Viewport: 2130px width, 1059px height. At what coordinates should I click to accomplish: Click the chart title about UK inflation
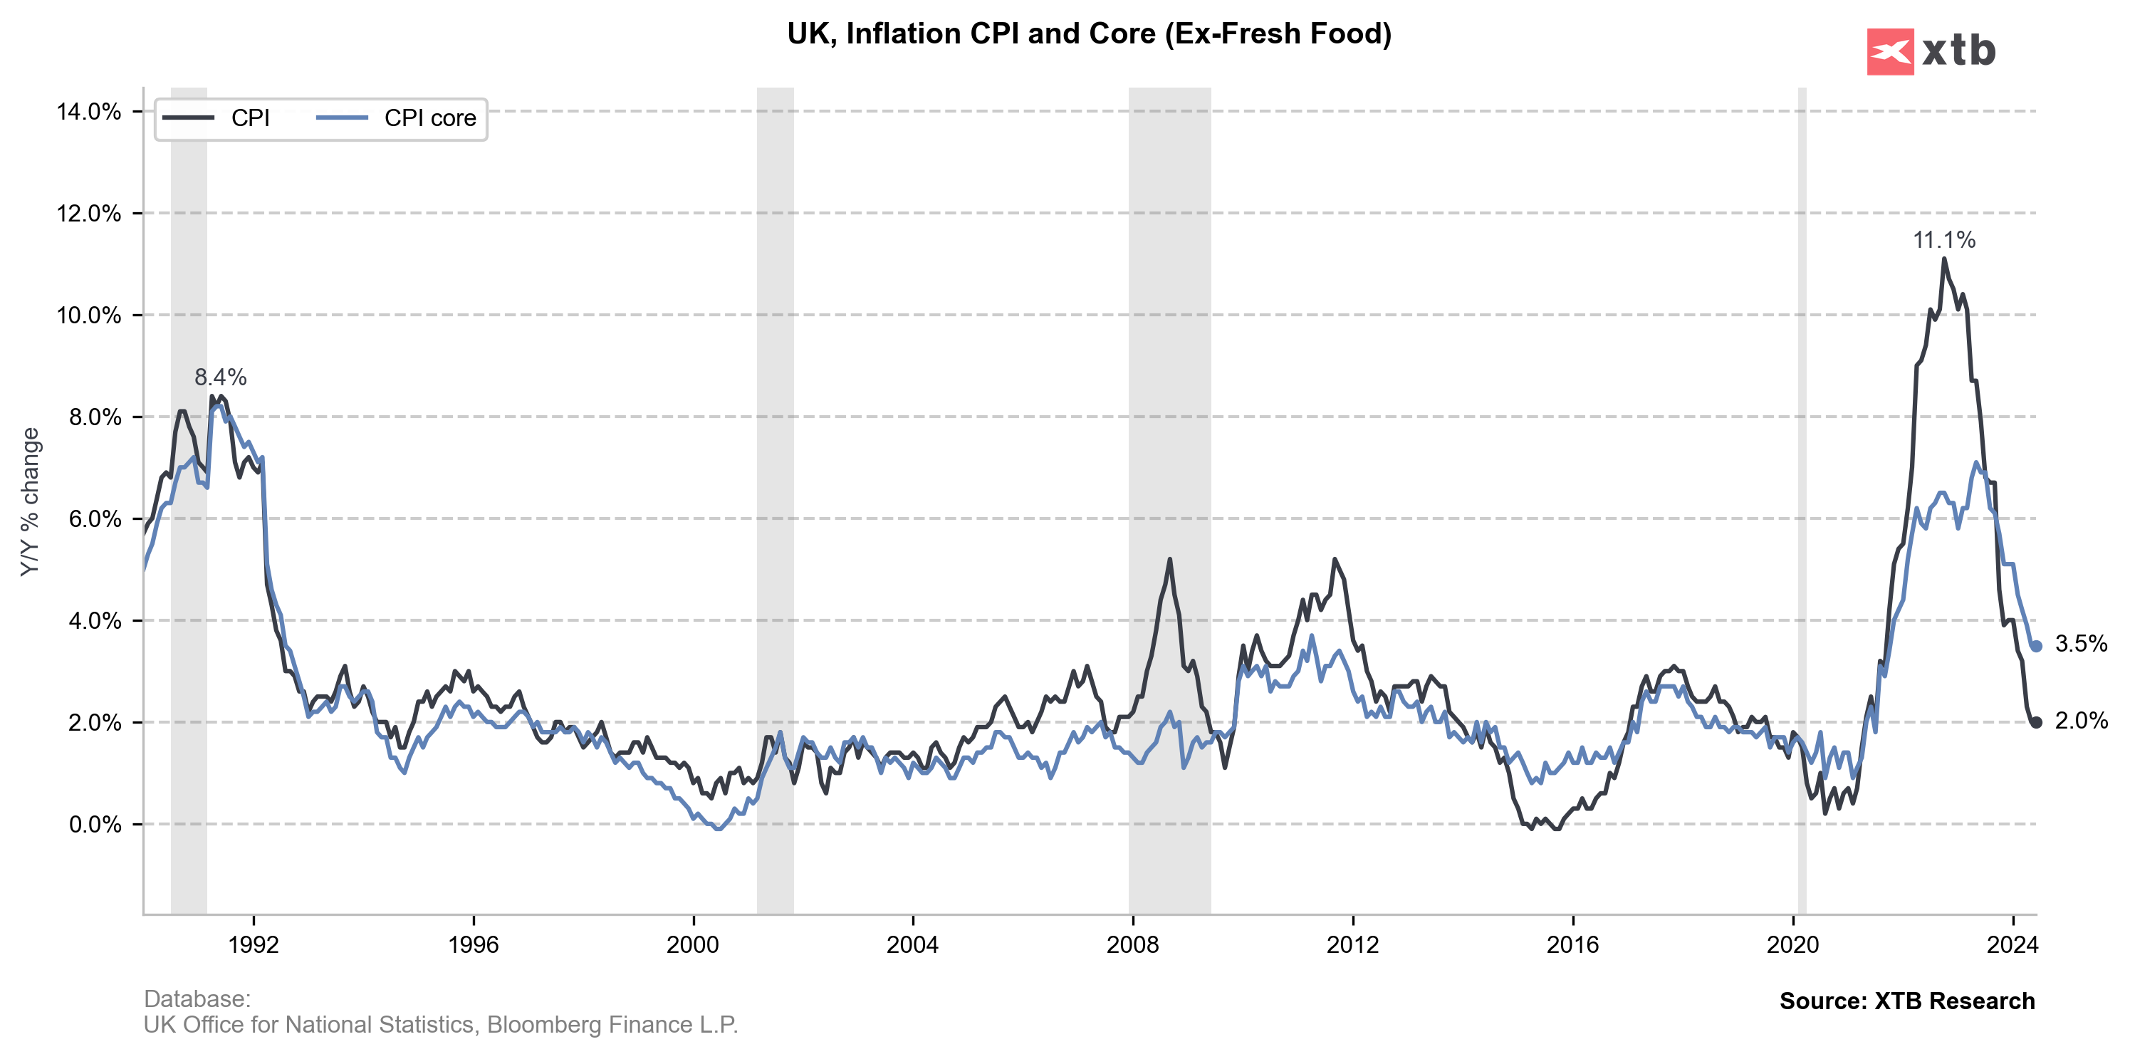click(1089, 34)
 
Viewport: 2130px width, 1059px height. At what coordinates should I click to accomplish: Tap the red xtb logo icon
click(1889, 52)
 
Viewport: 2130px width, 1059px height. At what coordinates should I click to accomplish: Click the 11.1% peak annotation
click(1943, 240)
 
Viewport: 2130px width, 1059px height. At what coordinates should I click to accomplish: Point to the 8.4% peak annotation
click(220, 377)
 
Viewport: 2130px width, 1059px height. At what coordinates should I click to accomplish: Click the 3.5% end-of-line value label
click(2080, 643)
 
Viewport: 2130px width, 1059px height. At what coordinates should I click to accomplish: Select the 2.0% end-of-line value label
click(2080, 721)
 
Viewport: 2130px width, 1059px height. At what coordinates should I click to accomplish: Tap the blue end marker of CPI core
click(2036, 647)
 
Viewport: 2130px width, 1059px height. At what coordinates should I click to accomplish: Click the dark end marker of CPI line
click(2036, 723)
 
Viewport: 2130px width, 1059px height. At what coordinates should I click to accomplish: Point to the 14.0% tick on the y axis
click(88, 112)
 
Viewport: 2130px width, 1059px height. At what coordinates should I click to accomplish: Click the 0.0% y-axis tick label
click(94, 824)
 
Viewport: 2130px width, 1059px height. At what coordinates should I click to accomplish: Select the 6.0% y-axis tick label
click(94, 519)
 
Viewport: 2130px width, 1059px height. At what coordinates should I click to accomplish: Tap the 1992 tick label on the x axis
click(254, 944)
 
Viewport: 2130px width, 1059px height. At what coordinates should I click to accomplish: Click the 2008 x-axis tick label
click(1132, 944)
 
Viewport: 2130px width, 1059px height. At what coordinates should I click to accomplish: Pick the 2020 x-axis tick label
click(1792, 944)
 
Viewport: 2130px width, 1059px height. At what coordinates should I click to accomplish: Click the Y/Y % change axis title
click(30, 502)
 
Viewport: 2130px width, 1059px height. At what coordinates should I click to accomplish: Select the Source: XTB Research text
click(1907, 1001)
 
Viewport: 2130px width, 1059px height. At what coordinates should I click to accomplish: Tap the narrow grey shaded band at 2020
click(1802, 496)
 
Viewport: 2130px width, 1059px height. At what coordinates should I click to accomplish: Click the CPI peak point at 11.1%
click(1944, 259)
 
